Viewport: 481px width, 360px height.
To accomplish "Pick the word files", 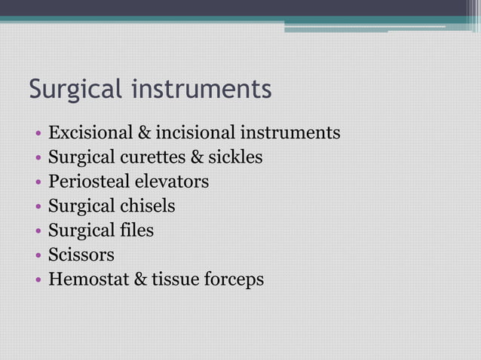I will point(136,230).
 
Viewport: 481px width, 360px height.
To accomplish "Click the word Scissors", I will point(81,255).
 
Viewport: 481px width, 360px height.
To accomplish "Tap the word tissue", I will point(174,279).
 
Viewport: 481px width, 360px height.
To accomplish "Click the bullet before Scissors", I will point(37,256).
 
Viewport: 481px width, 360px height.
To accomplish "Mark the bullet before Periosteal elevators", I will point(37,183).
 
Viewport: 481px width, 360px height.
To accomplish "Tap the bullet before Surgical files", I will point(37,231).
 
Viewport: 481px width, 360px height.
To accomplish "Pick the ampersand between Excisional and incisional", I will point(142,133).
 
